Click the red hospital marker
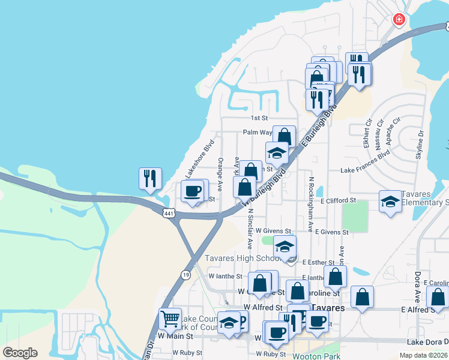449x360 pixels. (x=399, y=20)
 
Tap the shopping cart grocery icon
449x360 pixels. (x=170, y=319)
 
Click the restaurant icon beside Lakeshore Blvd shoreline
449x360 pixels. (x=149, y=178)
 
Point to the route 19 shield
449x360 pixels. (x=187, y=274)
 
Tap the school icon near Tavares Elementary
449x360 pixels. (x=390, y=201)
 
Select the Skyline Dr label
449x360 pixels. (x=420, y=145)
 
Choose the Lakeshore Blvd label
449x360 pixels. (x=200, y=158)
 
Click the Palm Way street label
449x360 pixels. (x=255, y=133)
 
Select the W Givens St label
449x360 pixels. (x=273, y=230)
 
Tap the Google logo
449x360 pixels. (x=20, y=353)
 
